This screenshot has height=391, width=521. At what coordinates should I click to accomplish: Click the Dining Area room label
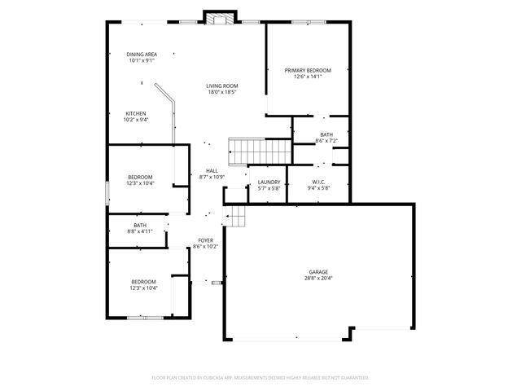pyautogui.click(x=142, y=54)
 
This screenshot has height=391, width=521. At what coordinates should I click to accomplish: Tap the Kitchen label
pyautogui.click(x=135, y=113)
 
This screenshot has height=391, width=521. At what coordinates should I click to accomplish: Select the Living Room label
pyautogui.click(x=221, y=86)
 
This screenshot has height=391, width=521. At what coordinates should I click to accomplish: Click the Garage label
pyautogui.click(x=318, y=272)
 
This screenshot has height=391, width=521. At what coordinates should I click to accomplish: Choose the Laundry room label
pyautogui.click(x=269, y=182)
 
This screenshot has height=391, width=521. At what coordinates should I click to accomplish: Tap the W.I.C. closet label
pyautogui.click(x=318, y=182)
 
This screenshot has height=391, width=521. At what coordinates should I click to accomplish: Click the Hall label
pyautogui.click(x=212, y=170)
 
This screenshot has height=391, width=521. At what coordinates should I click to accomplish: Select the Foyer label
pyautogui.click(x=206, y=240)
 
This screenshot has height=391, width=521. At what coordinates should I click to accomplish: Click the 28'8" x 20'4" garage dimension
pyautogui.click(x=318, y=279)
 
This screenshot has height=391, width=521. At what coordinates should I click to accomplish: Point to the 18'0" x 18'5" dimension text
pyautogui.click(x=221, y=92)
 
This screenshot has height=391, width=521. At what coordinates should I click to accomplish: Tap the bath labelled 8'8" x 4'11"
pyautogui.click(x=140, y=228)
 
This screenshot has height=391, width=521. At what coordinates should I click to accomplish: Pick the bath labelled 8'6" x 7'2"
pyautogui.click(x=326, y=138)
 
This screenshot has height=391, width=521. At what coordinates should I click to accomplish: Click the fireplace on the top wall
pyautogui.click(x=219, y=17)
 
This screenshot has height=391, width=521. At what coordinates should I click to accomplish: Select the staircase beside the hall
pyautogui.click(x=260, y=151)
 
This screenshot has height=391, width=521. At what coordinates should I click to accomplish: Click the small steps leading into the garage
pyautogui.click(x=235, y=216)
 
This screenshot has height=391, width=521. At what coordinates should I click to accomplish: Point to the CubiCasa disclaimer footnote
pyautogui.click(x=260, y=378)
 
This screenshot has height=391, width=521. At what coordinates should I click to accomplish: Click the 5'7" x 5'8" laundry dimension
pyautogui.click(x=269, y=188)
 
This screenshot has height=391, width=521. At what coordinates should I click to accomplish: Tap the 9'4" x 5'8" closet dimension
pyautogui.click(x=318, y=188)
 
